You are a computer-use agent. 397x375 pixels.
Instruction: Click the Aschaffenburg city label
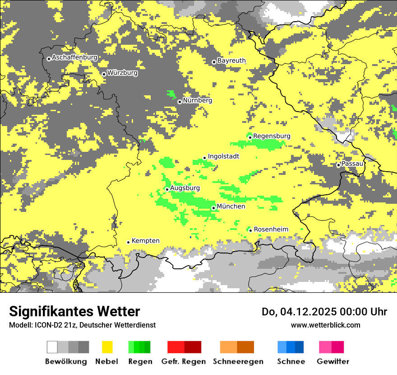(74, 57)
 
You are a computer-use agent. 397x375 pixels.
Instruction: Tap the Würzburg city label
(122, 73)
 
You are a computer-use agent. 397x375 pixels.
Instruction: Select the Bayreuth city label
(231, 61)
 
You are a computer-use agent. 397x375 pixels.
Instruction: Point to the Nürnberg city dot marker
(180, 102)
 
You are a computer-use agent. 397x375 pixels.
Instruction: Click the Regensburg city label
(272, 136)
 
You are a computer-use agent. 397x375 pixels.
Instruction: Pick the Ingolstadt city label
(223, 156)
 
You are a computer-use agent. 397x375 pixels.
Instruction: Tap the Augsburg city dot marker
(167, 189)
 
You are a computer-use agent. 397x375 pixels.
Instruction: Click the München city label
(231, 206)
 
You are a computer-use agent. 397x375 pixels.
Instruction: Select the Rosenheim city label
(271, 230)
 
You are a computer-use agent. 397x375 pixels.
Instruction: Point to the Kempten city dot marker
(128, 242)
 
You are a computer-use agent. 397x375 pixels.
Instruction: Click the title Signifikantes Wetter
(74, 311)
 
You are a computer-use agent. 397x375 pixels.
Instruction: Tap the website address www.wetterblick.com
(325, 325)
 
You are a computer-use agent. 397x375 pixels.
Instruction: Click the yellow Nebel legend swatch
(107, 347)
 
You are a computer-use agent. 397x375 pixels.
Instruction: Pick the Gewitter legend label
(332, 361)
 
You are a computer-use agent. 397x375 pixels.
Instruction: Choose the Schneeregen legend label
(238, 361)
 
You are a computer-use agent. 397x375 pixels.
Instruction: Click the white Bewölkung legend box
(52, 347)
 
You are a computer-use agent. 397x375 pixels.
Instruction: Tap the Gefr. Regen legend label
(183, 361)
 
